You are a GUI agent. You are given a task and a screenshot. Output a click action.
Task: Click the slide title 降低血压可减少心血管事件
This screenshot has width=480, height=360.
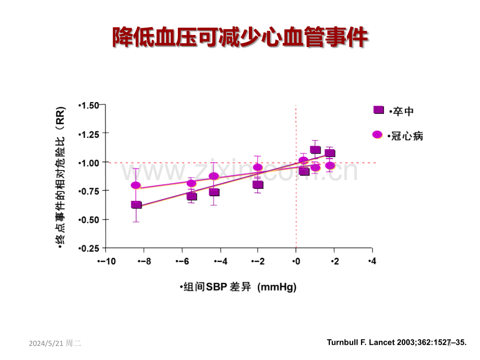(x=241, y=38)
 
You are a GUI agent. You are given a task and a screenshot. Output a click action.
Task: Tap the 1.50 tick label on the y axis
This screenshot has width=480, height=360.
(x=89, y=105)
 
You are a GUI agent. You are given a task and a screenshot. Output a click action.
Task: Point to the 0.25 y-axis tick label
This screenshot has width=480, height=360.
(x=89, y=248)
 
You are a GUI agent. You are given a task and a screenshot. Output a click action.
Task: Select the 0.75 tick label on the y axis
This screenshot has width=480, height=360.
(x=89, y=191)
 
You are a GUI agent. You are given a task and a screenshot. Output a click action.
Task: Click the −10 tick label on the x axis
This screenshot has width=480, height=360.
(x=106, y=261)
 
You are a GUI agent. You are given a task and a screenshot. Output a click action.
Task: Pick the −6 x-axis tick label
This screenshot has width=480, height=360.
(x=183, y=261)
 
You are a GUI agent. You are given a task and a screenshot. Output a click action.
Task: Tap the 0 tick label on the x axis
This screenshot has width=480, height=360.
(x=296, y=261)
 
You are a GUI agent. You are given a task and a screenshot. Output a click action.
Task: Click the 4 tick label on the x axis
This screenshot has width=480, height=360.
(x=372, y=261)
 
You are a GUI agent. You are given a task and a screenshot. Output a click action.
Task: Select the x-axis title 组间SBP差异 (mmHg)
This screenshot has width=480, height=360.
(x=238, y=287)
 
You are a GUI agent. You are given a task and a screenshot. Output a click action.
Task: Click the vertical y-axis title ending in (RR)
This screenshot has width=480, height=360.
(x=61, y=177)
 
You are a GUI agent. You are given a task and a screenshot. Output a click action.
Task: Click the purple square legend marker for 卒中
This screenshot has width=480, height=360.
(x=379, y=110)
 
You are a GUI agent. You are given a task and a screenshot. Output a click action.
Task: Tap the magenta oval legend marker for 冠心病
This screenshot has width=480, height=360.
(x=377, y=135)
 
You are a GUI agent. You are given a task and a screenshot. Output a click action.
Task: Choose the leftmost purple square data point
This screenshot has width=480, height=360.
(x=136, y=205)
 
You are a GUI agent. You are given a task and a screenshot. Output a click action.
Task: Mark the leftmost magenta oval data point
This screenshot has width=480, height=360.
(x=136, y=185)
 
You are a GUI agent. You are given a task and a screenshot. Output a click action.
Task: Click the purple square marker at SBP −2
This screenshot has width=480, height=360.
(x=258, y=185)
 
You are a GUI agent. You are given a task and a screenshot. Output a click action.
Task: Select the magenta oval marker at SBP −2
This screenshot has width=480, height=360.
(x=258, y=167)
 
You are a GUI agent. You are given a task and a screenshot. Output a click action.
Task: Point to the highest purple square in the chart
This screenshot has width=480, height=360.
(x=315, y=150)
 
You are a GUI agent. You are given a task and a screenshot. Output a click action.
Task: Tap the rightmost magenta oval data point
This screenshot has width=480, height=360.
(x=330, y=165)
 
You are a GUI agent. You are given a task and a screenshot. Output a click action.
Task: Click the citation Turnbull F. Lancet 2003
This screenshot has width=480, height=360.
(x=397, y=342)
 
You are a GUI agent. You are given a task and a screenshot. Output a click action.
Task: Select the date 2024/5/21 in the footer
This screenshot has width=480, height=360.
(x=46, y=343)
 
